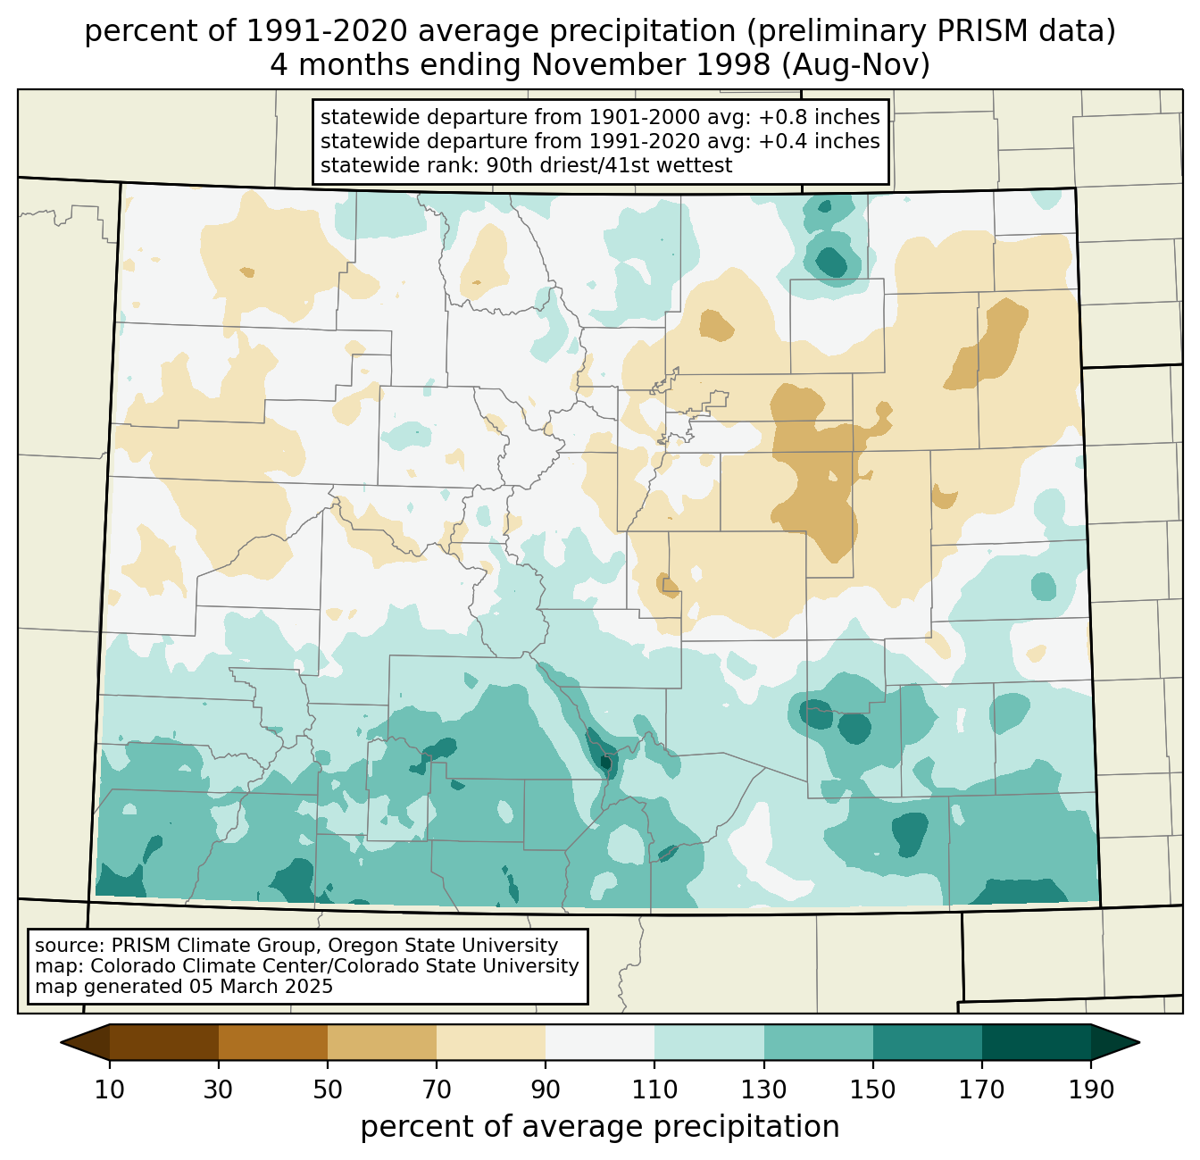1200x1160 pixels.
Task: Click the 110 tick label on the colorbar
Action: pos(654,1089)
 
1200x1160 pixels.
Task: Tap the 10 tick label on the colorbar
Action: pos(109,1089)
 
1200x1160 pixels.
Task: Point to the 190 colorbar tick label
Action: pos(1091,1089)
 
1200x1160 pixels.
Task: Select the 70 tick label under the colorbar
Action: pos(437,1089)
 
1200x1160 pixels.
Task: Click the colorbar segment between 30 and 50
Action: pos(272,1042)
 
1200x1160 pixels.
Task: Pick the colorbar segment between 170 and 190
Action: pos(1036,1042)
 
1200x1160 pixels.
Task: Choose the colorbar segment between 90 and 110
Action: pos(600,1042)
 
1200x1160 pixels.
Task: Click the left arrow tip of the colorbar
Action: pos(61,1042)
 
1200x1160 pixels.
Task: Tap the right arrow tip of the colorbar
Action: pos(1139,1042)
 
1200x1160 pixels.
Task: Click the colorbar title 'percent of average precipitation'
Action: pos(599,1126)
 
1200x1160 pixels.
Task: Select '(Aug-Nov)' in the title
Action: pos(856,65)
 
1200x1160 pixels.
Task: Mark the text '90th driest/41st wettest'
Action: pos(609,165)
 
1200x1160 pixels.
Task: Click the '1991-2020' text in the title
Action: pos(328,31)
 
